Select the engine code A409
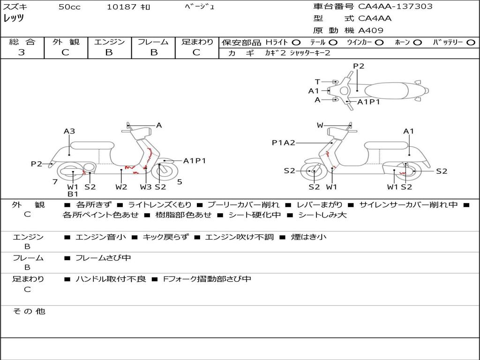click(x=371, y=30)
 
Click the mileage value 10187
click(x=121, y=7)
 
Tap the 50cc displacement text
click(x=69, y=7)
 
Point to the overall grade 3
click(x=22, y=52)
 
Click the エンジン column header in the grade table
click(x=109, y=42)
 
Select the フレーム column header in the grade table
click(x=153, y=42)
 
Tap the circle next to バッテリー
click(x=471, y=42)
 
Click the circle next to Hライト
click(x=296, y=42)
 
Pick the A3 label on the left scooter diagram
click(x=69, y=131)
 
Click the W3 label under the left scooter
click(x=146, y=187)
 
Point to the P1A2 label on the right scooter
click(x=284, y=142)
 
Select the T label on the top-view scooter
click(x=317, y=82)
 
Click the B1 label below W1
click(x=73, y=194)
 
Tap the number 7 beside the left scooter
click(x=55, y=181)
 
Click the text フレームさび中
click(x=103, y=258)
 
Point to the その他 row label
click(x=29, y=311)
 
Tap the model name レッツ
click(x=14, y=19)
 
